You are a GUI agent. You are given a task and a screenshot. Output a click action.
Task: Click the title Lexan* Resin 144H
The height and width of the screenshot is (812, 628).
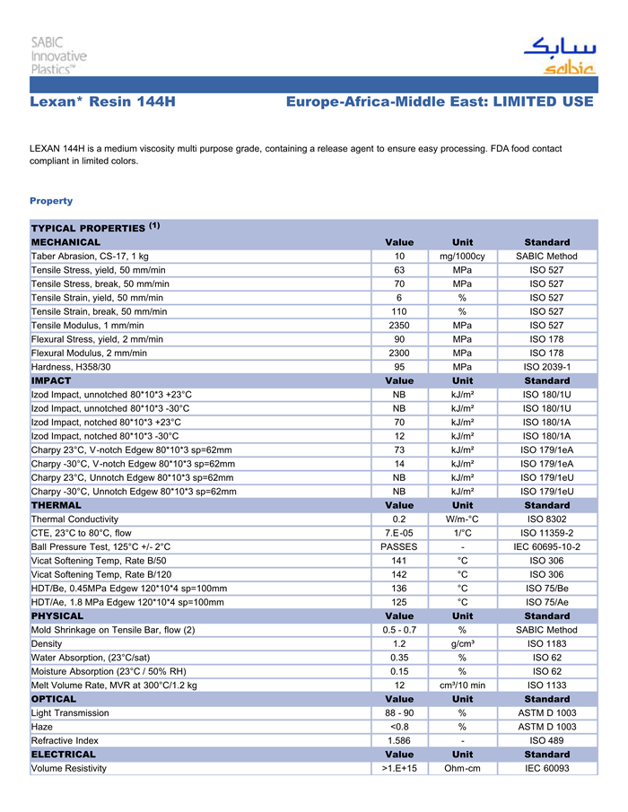pyautogui.click(x=102, y=102)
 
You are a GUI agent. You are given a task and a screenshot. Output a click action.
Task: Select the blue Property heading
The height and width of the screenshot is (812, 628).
pyautogui.click(x=51, y=201)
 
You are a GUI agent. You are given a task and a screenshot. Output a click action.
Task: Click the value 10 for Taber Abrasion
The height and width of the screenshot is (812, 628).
pyautogui.click(x=399, y=257)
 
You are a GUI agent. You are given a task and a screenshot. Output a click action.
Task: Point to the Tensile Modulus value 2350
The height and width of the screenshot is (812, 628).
pyautogui.click(x=399, y=325)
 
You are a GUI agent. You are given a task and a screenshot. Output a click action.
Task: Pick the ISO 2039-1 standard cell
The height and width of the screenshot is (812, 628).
pyautogui.click(x=546, y=367)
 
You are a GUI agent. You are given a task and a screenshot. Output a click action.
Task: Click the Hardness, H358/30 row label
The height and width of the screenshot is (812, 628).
pyautogui.click(x=71, y=367)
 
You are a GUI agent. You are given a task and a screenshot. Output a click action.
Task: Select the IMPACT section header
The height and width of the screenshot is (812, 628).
pyautogui.click(x=51, y=380)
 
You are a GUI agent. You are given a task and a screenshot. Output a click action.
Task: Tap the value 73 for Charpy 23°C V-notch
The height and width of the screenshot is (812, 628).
pyautogui.click(x=399, y=450)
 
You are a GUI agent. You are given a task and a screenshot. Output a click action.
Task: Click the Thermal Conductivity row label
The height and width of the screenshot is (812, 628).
pyautogui.click(x=74, y=519)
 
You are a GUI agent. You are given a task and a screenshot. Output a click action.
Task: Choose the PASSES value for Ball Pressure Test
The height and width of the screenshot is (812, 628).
pyautogui.click(x=399, y=546)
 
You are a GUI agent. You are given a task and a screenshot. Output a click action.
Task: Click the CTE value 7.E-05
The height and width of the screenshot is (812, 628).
pyautogui.click(x=399, y=533)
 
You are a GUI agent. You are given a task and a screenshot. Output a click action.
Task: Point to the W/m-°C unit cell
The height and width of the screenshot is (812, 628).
pyautogui.click(x=462, y=519)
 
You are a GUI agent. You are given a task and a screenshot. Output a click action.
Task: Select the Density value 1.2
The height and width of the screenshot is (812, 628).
pyautogui.click(x=399, y=643)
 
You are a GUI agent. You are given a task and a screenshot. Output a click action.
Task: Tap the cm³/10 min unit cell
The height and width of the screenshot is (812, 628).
pyautogui.click(x=462, y=685)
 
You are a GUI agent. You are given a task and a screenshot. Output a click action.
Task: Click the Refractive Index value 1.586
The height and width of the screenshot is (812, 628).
pyautogui.click(x=399, y=740)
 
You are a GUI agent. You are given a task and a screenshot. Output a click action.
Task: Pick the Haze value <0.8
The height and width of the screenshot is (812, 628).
pyautogui.click(x=399, y=727)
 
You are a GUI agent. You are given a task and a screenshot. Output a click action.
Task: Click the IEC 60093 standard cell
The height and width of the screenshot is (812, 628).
pyautogui.click(x=546, y=768)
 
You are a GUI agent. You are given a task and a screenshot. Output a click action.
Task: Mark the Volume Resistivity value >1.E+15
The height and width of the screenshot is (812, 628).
pyautogui.click(x=399, y=768)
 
